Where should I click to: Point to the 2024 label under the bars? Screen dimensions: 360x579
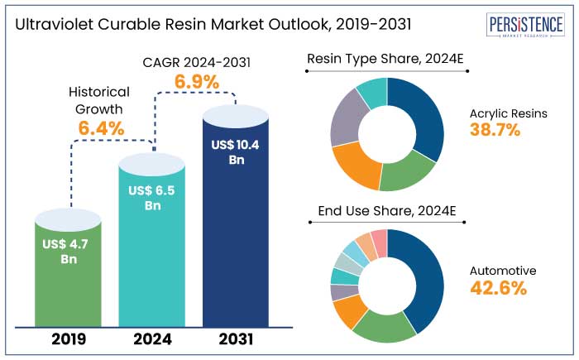click(x=152, y=338)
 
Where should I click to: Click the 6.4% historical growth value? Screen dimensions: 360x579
click(x=101, y=128)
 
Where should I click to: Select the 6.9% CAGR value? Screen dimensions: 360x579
click(x=196, y=82)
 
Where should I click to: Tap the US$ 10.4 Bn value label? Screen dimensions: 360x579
click(x=235, y=152)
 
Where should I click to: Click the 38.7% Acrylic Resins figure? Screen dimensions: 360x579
click(x=495, y=129)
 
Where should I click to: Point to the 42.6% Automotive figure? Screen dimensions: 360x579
click(x=496, y=288)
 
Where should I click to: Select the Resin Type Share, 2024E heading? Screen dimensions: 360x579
click(x=387, y=60)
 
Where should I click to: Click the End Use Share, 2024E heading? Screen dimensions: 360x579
click(x=387, y=212)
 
